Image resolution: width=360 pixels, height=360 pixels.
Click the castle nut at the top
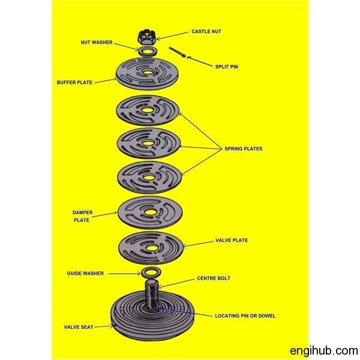tap(147, 37)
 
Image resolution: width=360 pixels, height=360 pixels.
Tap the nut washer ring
tap(140, 52)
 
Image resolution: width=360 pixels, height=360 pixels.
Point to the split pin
tap(177, 53)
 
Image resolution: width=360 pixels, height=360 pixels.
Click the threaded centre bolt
tap(152, 295)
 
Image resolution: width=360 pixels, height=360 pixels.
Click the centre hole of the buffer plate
tap(148, 73)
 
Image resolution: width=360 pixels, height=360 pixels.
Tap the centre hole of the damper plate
tap(150, 212)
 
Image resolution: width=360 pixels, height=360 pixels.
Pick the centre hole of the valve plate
tap(151, 248)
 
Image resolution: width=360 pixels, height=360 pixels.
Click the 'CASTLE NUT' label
tap(206, 31)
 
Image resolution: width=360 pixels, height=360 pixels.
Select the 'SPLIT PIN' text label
tap(226, 67)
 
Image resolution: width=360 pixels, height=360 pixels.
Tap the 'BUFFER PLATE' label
tap(74, 82)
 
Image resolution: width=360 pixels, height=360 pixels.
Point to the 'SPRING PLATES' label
tap(244, 149)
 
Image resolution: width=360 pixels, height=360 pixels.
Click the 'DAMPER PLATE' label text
tap(82, 216)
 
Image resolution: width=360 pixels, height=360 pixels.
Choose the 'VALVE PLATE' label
tap(232, 241)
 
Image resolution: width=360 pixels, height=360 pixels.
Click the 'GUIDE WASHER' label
tap(85, 274)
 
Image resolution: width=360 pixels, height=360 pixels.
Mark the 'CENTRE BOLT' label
tap(214, 278)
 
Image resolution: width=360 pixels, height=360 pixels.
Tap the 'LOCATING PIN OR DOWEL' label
tap(245, 316)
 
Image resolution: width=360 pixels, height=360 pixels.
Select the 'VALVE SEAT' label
tap(79, 327)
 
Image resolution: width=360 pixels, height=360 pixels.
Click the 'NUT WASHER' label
tap(97, 43)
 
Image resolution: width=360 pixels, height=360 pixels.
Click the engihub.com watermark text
tap(324, 350)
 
